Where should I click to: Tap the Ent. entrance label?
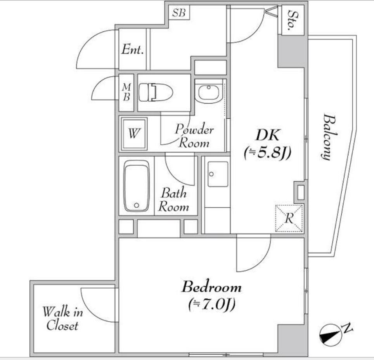pos(133,49)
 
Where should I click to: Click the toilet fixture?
pos(156,92)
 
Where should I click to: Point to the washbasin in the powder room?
pos(208,92)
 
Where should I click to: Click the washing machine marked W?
pos(133,133)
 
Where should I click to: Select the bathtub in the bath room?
pos(137,186)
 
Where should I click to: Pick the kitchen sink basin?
pos(218,174)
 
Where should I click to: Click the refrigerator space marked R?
pos(289,218)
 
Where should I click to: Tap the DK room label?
pos(267,135)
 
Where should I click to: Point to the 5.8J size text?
pos(268,153)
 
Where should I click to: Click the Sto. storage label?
pos(293,20)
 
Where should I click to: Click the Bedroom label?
pos(211,287)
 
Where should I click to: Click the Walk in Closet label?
pos(62,318)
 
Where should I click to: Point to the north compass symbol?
pos(332,334)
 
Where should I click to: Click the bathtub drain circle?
pos(137,205)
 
